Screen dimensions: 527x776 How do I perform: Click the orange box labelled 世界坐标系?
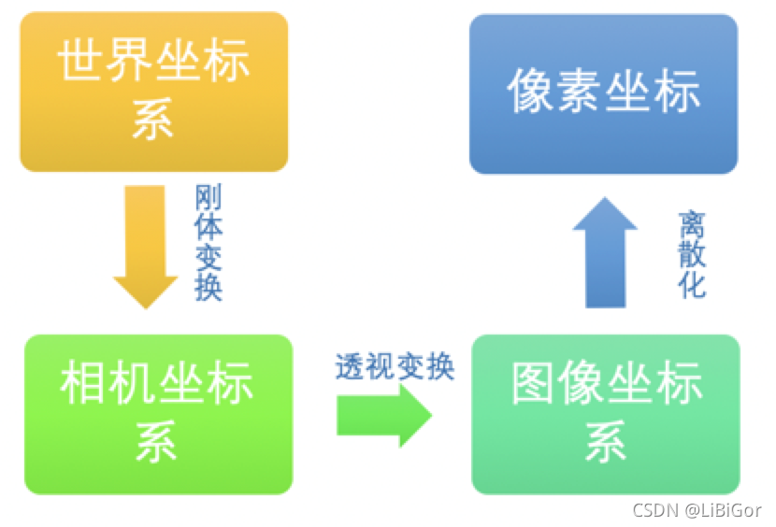point(153,92)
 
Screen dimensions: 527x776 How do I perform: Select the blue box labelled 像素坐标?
point(603,94)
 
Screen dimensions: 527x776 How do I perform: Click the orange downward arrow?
point(146,246)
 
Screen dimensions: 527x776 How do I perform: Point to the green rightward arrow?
point(383,415)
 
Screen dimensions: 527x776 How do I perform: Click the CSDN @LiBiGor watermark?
point(697,510)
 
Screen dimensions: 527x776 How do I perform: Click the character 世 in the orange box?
point(80,64)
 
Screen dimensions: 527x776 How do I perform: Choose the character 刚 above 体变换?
point(208,198)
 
